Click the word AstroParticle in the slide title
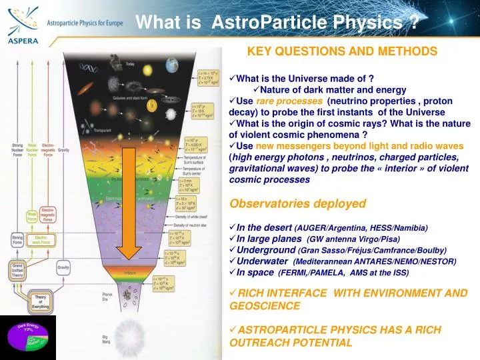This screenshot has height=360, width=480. tap(262, 23)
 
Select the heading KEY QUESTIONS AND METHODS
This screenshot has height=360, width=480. tap(342, 51)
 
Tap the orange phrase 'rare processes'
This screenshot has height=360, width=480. tap(289, 101)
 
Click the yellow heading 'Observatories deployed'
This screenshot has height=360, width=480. tap(297, 203)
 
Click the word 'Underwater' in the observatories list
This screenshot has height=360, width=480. tap(262, 261)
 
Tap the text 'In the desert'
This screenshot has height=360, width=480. tap(264, 227)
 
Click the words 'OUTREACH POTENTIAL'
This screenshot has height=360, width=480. tap(291, 343)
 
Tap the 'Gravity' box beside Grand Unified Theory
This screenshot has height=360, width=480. tap(63, 267)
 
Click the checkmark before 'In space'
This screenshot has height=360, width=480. tap(233, 272)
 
